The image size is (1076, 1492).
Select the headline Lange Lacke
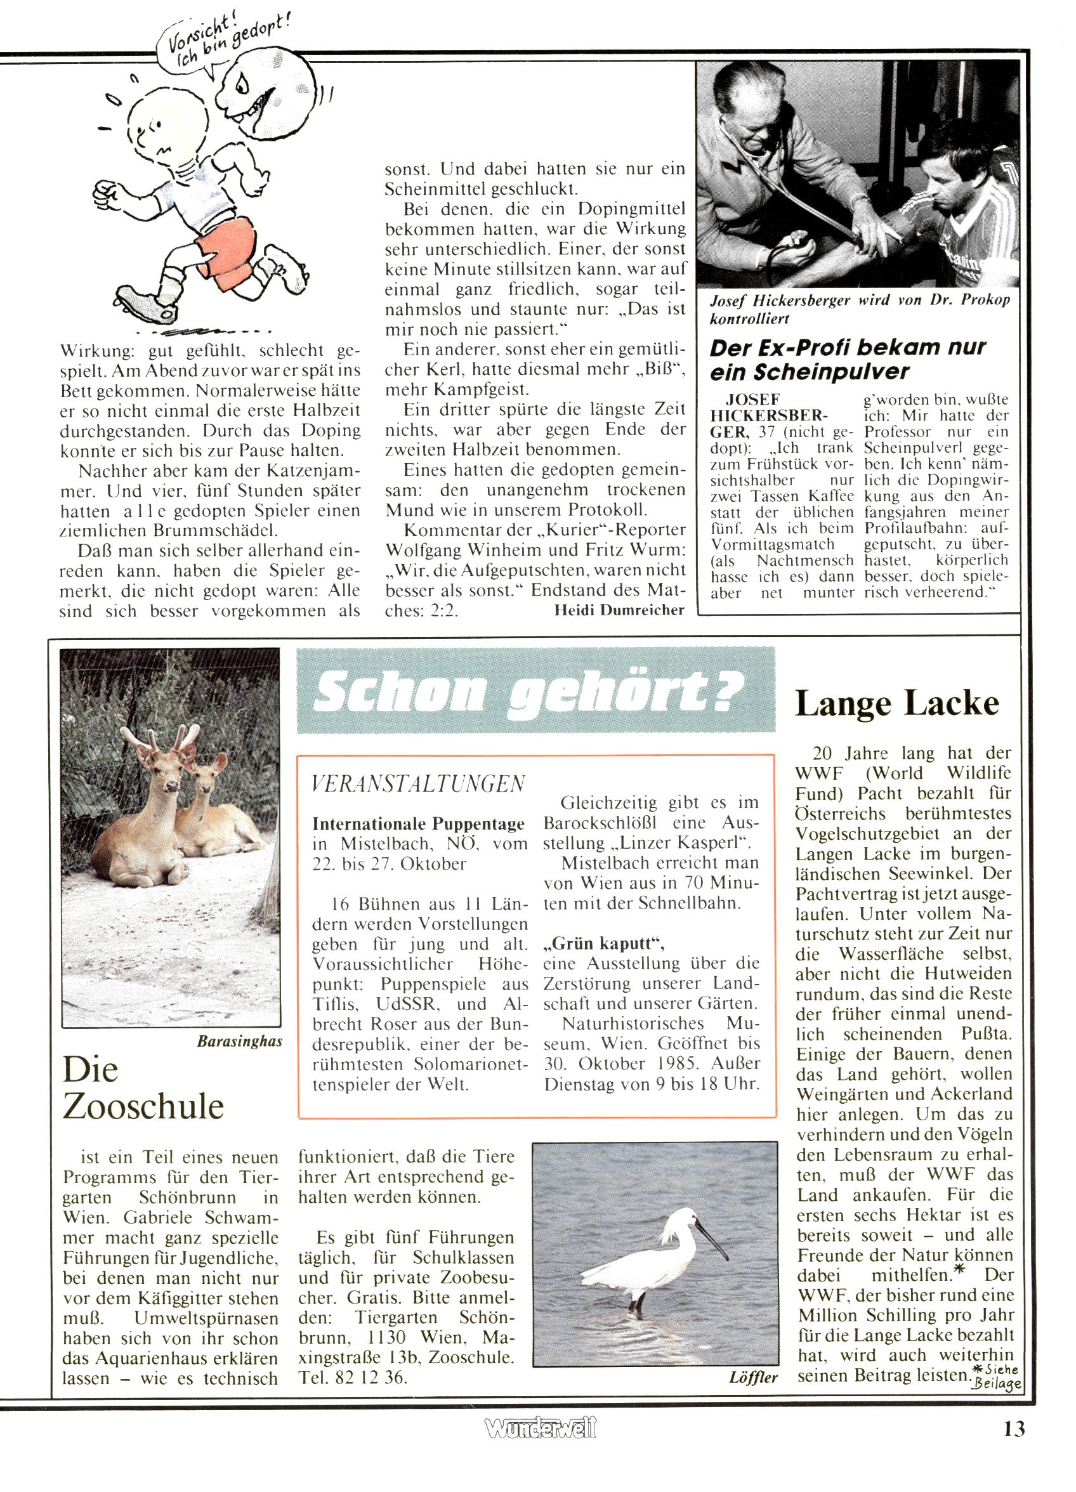[x=897, y=704]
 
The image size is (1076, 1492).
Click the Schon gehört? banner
[x=535, y=690]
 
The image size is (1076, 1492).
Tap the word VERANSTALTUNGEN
[x=419, y=784]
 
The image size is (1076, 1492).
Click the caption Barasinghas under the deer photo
[x=240, y=1042]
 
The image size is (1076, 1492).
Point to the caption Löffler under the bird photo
[x=754, y=1378]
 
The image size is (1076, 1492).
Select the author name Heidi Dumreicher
[x=619, y=610]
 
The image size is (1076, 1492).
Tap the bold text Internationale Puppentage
[x=419, y=823]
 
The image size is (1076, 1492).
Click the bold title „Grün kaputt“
[x=604, y=943]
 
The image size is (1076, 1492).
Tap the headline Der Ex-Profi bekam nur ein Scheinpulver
[x=848, y=359]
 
